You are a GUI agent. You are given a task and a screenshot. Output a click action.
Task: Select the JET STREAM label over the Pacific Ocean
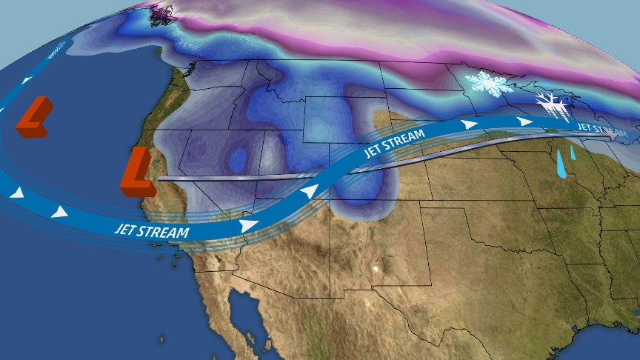(x=151, y=230)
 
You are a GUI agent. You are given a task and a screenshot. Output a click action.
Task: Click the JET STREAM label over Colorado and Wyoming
(x=395, y=144)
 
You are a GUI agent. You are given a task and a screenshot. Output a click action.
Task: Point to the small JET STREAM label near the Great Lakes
(x=595, y=127)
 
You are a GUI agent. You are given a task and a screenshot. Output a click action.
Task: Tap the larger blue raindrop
(x=561, y=169)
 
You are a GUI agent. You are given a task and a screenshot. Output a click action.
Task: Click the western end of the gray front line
(x=160, y=178)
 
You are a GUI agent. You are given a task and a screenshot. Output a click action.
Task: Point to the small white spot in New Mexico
(x=380, y=267)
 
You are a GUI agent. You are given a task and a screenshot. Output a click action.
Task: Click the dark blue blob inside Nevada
(x=238, y=159)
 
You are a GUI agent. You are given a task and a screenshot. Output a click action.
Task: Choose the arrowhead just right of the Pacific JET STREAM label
(x=250, y=224)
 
